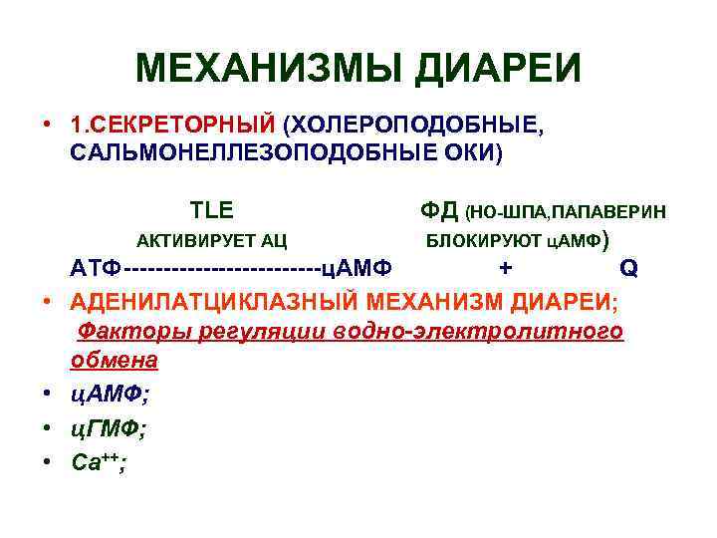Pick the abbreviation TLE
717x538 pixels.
211,210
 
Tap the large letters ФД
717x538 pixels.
439,210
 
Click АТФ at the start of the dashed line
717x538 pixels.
96,270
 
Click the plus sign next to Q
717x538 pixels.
507,269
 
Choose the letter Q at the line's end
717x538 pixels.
626,269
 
